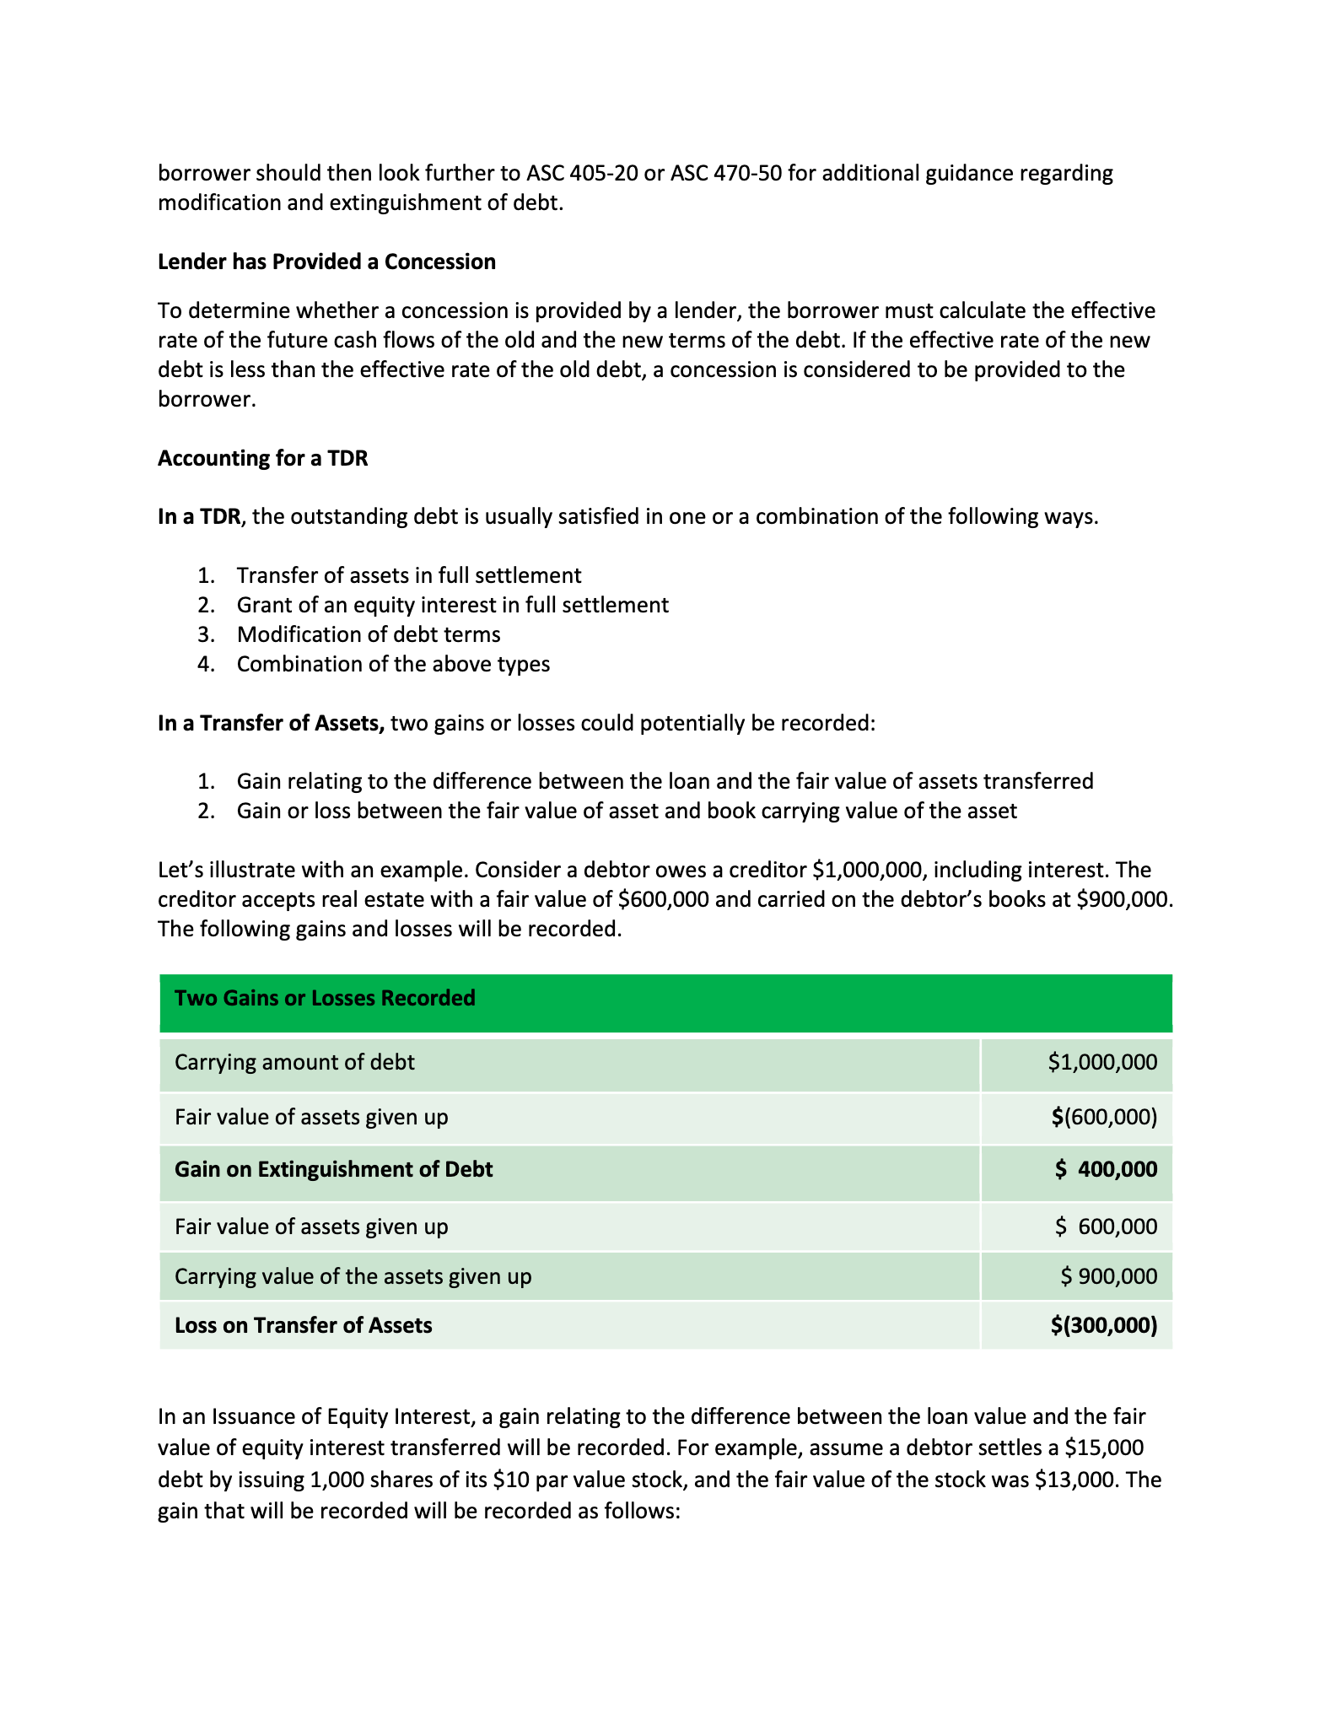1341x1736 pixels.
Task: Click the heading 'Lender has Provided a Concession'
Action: [326, 262]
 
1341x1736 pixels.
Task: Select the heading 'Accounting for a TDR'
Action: [262, 459]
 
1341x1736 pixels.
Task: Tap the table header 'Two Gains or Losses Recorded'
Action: [325, 999]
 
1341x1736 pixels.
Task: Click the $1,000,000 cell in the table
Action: [1102, 1063]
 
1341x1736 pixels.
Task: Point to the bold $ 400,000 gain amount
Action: [1106, 1170]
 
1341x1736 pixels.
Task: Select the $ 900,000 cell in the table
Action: [1109, 1277]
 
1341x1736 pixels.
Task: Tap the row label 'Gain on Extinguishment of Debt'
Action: [333, 1170]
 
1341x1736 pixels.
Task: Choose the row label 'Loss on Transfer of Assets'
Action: [303, 1326]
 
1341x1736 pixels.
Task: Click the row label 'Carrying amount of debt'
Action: [294, 1063]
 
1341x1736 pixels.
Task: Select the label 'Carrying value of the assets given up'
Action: [353, 1277]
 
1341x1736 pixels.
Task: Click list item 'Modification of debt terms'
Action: [369, 635]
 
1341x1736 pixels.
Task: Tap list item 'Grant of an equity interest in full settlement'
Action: [452, 606]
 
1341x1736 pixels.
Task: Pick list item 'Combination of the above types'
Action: [393, 665]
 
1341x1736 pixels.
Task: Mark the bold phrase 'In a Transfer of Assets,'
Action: [271, 724]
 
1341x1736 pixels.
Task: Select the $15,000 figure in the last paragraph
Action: [1104, 1448]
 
